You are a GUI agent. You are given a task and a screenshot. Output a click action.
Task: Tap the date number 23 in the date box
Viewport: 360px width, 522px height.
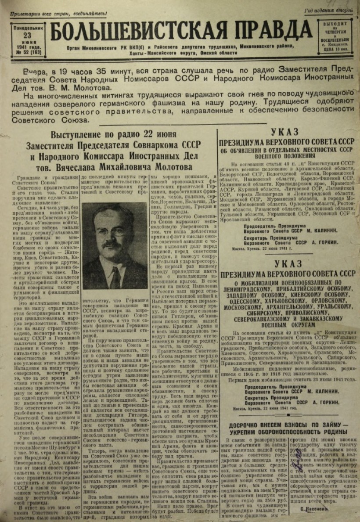coord(28,35)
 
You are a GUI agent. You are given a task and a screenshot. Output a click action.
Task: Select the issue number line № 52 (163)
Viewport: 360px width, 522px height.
coord(28,52)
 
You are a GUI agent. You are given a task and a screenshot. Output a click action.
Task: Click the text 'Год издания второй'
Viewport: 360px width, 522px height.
coord(328,10)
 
